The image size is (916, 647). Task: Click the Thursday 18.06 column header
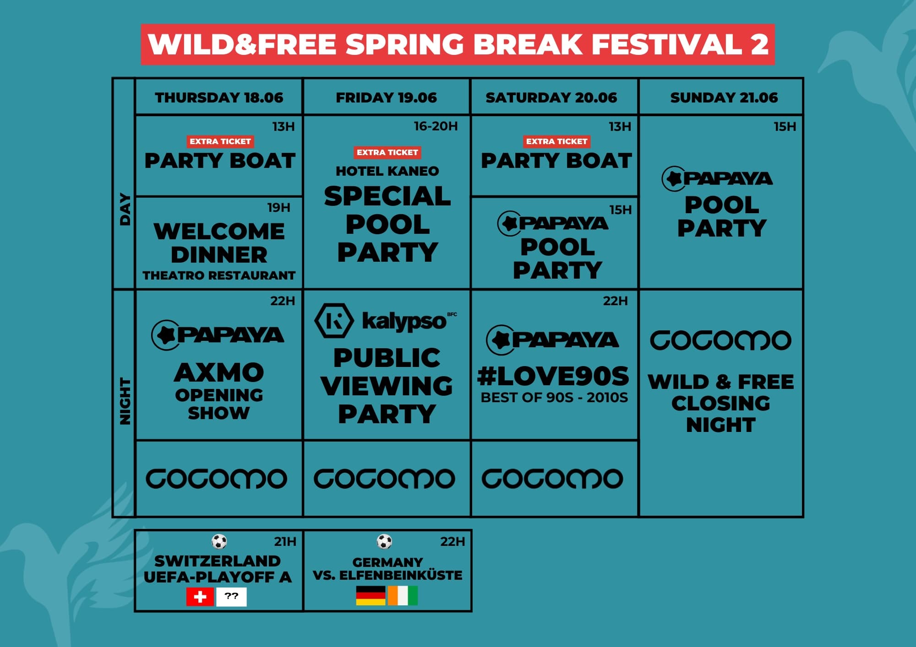click(x=219, y=97)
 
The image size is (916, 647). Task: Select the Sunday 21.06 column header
click(x=724, y=97)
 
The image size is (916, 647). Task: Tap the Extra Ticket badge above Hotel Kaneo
click(x=387, y=152)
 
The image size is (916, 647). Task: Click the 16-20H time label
click(x=436, y=126)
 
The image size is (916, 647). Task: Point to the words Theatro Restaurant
click(x=219, y=275)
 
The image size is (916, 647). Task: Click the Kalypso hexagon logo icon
click(x=334, y=320)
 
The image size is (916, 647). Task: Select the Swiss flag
click(x=200, y=597)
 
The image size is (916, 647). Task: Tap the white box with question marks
click(x=231, y=597)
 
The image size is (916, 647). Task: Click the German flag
click(x=371, y=596)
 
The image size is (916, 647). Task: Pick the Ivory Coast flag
click(x=403, y=596)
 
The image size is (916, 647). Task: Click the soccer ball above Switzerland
click(x=219, y=542)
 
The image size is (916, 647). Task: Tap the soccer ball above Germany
click(x=384, y=542)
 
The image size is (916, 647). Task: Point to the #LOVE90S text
click(x=553, y=376)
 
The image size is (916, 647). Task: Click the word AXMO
click(x=219, y=372)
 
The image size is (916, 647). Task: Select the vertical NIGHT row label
click(x=125, y=401)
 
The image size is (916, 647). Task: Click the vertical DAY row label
click(x=125, y=209)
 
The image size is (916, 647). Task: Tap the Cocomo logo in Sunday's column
click(x=720, y=341)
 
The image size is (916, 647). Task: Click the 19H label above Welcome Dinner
click(x=278, y=208)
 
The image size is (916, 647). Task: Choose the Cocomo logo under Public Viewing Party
click(x=384, y=479)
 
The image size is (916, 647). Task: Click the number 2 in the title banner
click(x=759, y=44)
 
